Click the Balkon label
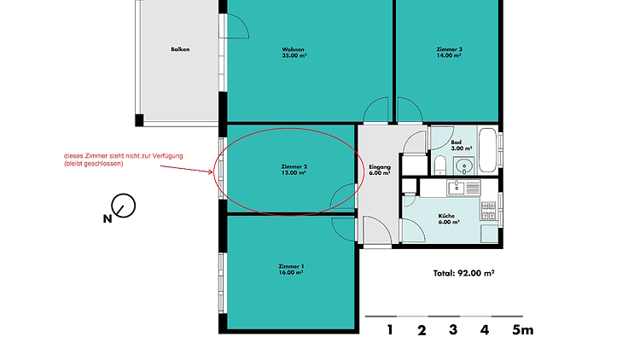coord(180,49)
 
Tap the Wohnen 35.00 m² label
coord(294,53)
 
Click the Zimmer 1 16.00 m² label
coord(291,270)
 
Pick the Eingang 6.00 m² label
coord(380,170)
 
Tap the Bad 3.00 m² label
coord(461,145)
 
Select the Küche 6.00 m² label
coord(449,218)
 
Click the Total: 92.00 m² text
coord(463,273)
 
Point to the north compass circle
coord(124,206)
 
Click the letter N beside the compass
coord(108,218)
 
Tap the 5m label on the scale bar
coord(523,330)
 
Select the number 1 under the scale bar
coord(390,330)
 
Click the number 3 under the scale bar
coord(453,330)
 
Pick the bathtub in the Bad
coord(488,150)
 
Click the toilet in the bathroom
coord(440,165)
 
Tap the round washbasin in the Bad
coord(464,165)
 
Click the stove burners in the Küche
coord(489,211)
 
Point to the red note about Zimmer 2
coord(123,160)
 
